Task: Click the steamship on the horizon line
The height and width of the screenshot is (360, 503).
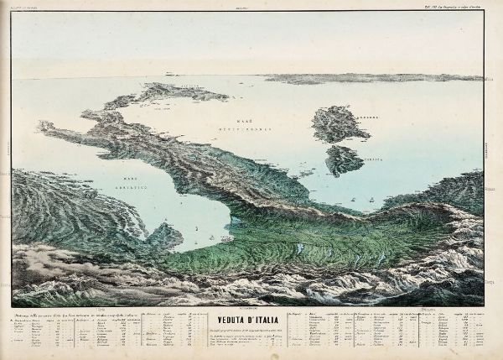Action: click(x=173, y=74)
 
